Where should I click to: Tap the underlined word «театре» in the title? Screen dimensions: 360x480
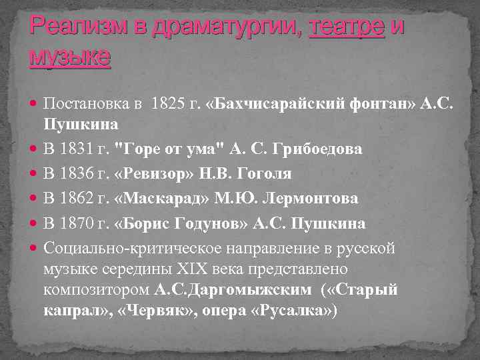pos(347,28)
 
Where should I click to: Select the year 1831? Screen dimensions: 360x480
pos(78,149)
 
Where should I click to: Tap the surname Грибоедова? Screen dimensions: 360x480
pos(321,149)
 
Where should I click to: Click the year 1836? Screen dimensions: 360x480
pos(78,173)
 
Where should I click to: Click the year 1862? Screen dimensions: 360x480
pos(78,198)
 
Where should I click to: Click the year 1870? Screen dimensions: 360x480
pos(78,223)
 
